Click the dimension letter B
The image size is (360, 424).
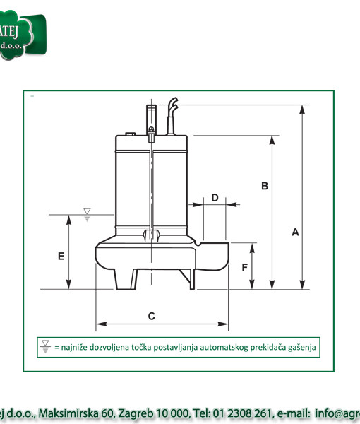(265, 186)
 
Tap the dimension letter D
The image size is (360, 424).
(215, 197)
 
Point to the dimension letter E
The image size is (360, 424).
(61, 255)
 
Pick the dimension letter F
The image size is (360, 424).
(244, 267)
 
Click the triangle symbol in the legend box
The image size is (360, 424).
(46, 346)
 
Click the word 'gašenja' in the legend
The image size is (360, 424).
(301, 347)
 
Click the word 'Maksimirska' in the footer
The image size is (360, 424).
(68, 413)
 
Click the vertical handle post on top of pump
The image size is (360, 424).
(151, 117)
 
